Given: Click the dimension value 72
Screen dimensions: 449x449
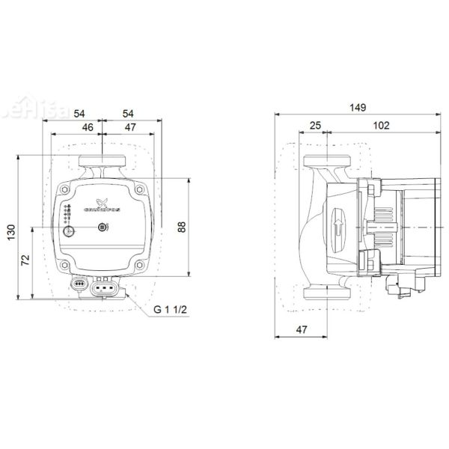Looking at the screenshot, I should pos(25,261).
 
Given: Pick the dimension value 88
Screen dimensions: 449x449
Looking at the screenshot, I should pos(182,227).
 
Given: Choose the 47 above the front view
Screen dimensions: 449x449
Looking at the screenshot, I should pos(129,127).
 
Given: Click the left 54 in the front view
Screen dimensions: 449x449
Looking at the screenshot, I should pos(80,113).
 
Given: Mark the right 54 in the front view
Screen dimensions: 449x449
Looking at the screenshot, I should pos(127,113).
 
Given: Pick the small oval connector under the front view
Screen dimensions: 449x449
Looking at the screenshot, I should pos(80,284).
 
